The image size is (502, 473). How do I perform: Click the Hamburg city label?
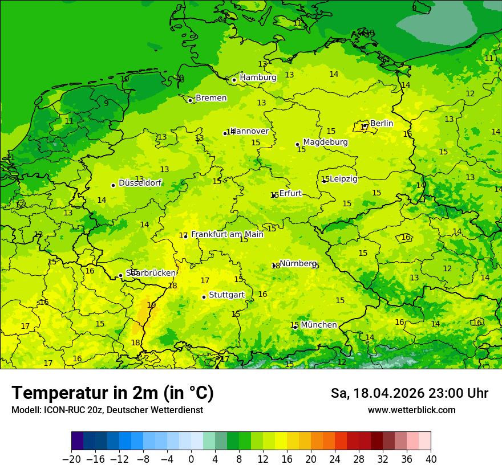[x=258, y=78]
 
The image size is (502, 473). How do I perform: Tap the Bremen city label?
[x=211, y=98]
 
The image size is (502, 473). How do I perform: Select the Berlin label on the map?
[x=382, y=123]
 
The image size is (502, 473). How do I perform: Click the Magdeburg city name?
[x=325, y=142]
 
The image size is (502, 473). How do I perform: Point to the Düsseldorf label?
[x=140, y=184]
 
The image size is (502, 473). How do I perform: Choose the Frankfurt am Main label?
[x=227, y=234]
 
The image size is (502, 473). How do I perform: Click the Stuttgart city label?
[x=226, y=295]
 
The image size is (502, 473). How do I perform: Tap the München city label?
[x=318, y=325]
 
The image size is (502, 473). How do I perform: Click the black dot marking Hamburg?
[x=234, y=80]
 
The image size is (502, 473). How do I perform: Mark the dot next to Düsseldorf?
[x=113, y=185]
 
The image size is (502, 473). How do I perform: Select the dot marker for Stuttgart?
[x=204, y=297]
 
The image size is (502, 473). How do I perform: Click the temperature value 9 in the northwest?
[x=106, y=103]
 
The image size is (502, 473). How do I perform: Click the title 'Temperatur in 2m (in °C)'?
[x=112, y=393]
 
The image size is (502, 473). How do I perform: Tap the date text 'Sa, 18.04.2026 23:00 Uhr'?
[x=409, y=393]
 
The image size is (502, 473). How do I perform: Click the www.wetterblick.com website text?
[x=411, y=410]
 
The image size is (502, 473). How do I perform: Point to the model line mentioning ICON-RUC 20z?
[x=107, y=410]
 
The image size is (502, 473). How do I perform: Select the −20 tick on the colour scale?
[x=71, y=459]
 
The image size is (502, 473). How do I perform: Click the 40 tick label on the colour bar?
[x=431, y=459]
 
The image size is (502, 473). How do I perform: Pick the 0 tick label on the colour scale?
[x=191, y=459]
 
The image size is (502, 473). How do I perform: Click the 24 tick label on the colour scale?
[x=335, y=459]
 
